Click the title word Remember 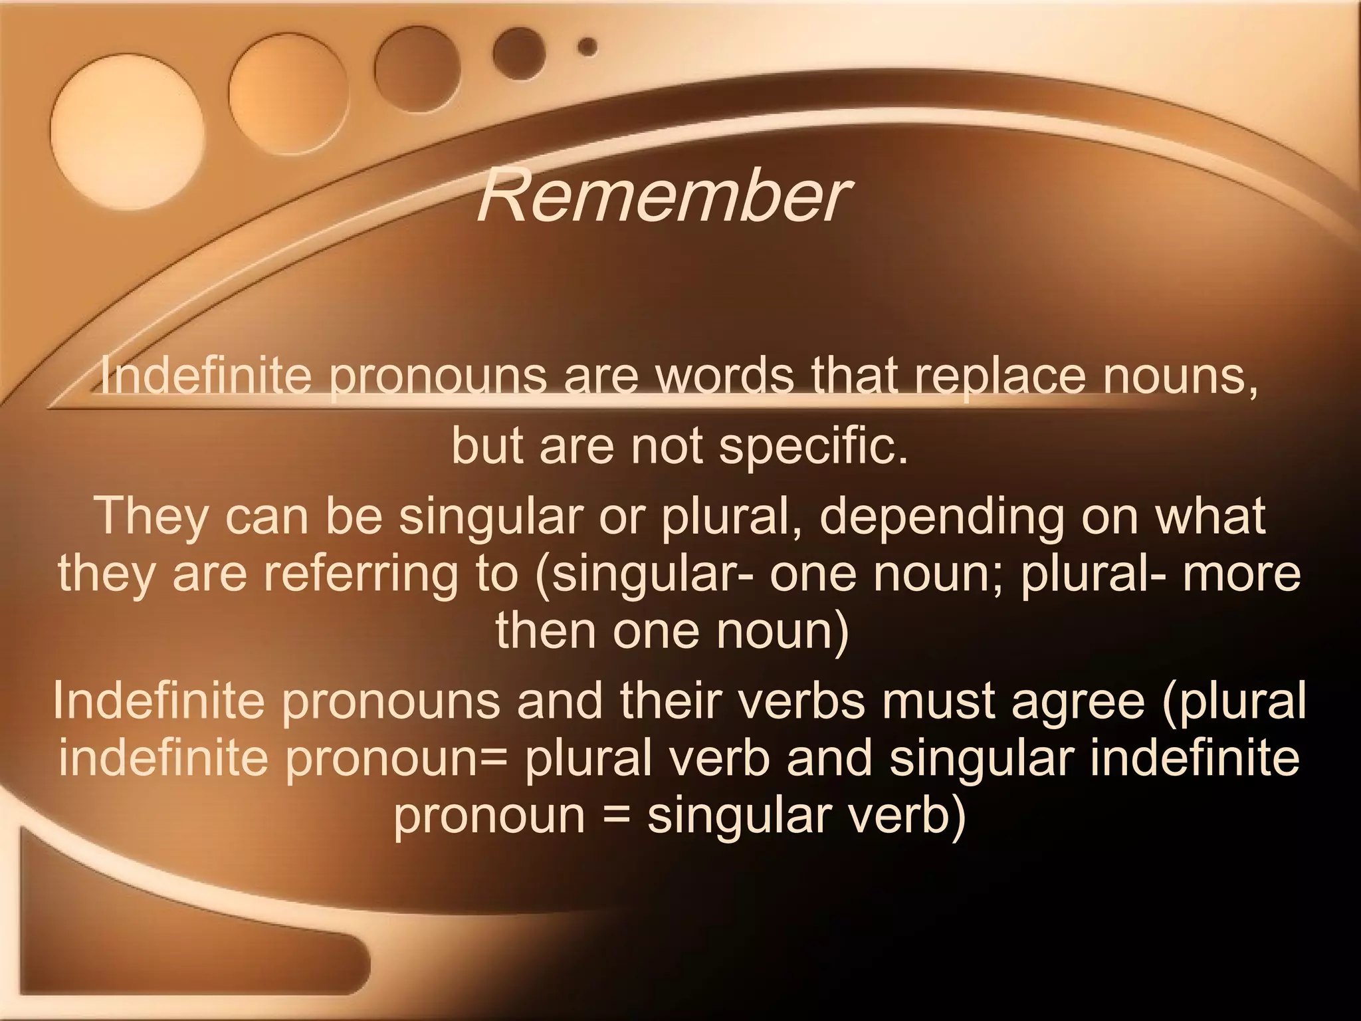click(x=662, y=197)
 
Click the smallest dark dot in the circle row click(x=587, y=47)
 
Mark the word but click(x=487, y=446)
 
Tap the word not click(x=667, y=446)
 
